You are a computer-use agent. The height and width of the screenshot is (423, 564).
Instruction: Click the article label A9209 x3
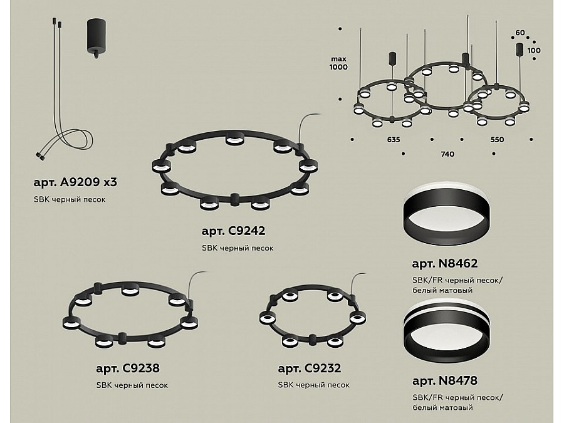tap(75, 182)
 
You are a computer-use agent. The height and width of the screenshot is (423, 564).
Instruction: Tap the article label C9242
tap(234, 231)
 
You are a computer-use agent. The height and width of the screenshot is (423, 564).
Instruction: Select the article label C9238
tap(128, 368)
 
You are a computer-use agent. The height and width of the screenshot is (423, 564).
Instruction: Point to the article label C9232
tap(310, 368)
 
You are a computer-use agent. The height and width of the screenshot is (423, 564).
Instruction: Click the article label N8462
tap(444, 263)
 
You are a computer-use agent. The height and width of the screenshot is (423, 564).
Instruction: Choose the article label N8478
tap(444, 380)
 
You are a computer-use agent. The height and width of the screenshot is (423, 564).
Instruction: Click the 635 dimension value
tap(394, 139)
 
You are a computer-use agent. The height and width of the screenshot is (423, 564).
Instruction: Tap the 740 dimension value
tap(447, 154)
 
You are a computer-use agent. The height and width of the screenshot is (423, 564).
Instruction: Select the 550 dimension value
tap(497, 139)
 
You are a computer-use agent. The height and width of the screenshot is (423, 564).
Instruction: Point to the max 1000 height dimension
tap(338, 63)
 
